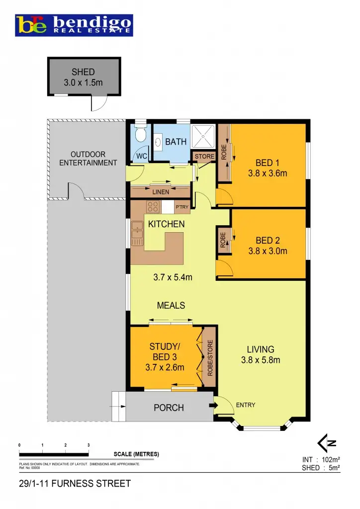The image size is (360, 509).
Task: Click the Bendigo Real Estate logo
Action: [74, 24]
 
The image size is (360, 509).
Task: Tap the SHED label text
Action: [83, 72]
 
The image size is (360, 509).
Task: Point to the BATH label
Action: [176, 142]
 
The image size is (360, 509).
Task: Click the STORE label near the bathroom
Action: [204, 157]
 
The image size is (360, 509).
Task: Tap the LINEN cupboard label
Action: [161, 192]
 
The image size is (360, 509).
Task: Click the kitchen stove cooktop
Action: [152, 207]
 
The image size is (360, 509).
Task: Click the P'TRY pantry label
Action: [181, 207]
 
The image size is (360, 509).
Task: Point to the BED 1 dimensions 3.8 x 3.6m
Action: [268, 173]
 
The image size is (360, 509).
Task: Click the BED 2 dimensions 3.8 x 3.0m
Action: [268, 251]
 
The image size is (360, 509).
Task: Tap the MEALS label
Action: [171, 306]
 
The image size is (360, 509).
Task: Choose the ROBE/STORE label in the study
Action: [210, 357]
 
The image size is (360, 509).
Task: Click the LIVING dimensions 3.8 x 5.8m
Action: [261, 360]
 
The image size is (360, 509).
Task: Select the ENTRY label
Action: [246, 405]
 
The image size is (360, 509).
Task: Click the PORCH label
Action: [169, 408]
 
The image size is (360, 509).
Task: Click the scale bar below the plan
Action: [54, 454]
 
